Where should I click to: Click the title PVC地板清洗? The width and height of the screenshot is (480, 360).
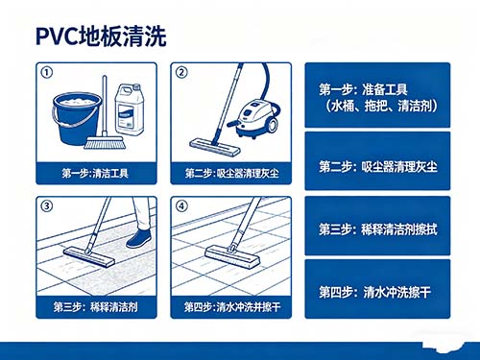pyautogui.click(x=101, y=36)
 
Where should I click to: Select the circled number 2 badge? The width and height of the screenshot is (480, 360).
pyautogui.click(x=179, y=72)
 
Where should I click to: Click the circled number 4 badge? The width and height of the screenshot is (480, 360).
pyautogui.click(x=179, y=204)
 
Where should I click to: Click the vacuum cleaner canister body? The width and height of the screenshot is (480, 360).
pyautogui.click(x=257, y=115)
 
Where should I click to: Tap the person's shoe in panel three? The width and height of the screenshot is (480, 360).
pyautogui.click(x=139, y=238)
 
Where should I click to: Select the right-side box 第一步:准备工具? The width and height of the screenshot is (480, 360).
pyautogui.click(x=384, y=96)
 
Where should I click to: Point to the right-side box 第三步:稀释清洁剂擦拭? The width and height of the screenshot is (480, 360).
pyautogui.click(x=384, y=229)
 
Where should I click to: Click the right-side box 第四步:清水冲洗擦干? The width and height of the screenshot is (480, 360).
pyautogui.click(x=384, y=291)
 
